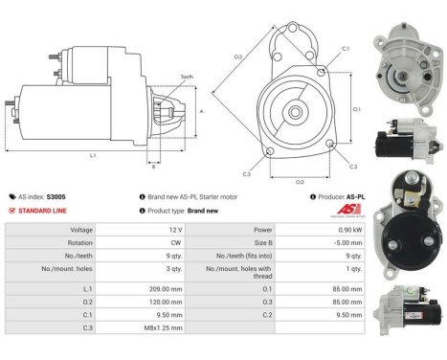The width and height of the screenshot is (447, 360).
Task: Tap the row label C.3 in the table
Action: pyautogui.click(x=87, y=328)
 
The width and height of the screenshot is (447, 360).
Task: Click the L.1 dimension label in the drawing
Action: pyautogui.click(x=92, y=155)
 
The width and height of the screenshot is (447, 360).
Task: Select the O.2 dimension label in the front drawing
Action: pyautogui.click(x=299, y=181)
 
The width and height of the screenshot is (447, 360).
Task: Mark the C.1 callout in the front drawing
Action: pyautogui.click(x=345, y=48)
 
